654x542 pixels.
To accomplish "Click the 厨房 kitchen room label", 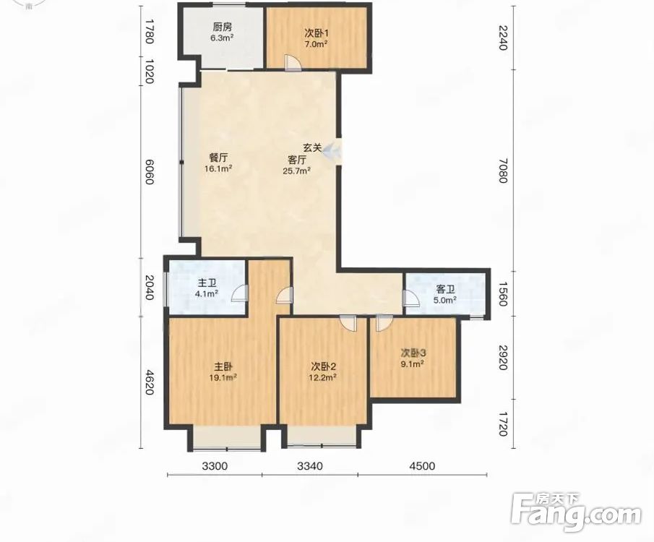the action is pos(223,27).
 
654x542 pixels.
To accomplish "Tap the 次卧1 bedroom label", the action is pos(315,33).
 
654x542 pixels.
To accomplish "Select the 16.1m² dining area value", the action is pos(218,168).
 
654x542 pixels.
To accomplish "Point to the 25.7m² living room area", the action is pos(296,171).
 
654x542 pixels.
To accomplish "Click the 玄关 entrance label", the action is pos(312,147).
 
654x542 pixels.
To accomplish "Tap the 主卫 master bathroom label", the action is pos(207,283).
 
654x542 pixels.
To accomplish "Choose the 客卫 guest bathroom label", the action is pos(445,289).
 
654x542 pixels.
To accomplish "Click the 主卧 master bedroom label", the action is pos(223,367).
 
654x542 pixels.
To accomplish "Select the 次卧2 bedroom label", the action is pos(323,367).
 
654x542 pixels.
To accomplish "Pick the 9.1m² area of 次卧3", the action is pos(413,364).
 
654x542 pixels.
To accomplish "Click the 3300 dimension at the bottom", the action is pos(215,465).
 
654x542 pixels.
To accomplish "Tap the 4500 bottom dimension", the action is pos(422,465).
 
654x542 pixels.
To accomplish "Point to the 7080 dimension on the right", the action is pos(502,171).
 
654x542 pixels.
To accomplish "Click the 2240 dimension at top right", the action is pos(502,38).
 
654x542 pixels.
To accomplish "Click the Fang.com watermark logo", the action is pos(576,512).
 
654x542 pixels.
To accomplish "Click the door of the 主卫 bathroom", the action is pos(240,292).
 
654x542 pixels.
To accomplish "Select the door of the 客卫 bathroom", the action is pos(411,298).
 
